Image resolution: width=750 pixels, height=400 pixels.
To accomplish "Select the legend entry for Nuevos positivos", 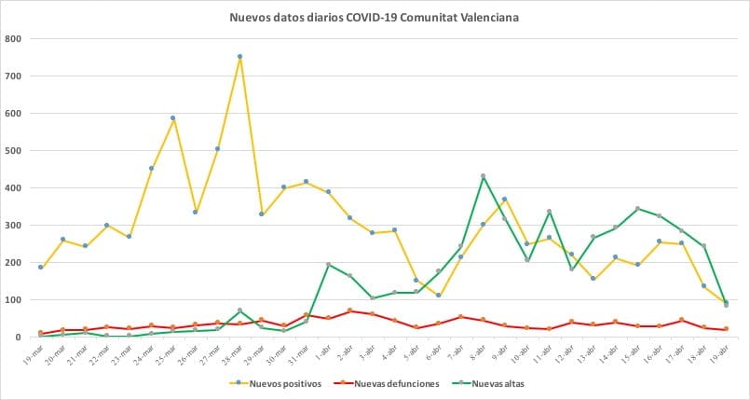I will tap(280, 382).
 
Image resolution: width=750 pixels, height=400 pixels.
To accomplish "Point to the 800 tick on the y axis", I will tap(14, 39).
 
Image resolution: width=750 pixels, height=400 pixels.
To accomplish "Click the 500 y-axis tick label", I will tap(14, 151).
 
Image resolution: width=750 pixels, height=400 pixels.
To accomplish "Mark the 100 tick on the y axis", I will tap(14, 300).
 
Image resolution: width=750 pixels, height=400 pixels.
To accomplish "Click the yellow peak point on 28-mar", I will tap(239, 57).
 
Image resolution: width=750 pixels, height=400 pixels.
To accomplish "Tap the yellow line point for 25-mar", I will tap(173, 118).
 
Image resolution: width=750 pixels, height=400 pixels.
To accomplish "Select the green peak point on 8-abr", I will tap(483, 176).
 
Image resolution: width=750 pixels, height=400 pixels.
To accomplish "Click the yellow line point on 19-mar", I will tap(40, 268).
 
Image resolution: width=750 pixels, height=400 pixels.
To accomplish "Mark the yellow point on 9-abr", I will tap(505, 200).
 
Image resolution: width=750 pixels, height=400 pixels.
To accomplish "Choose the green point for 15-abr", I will tap(637, 209).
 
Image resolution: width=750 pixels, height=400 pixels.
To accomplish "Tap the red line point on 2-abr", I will tap(350, 310).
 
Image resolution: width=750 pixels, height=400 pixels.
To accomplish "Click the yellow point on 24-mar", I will tap(151, 169).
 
